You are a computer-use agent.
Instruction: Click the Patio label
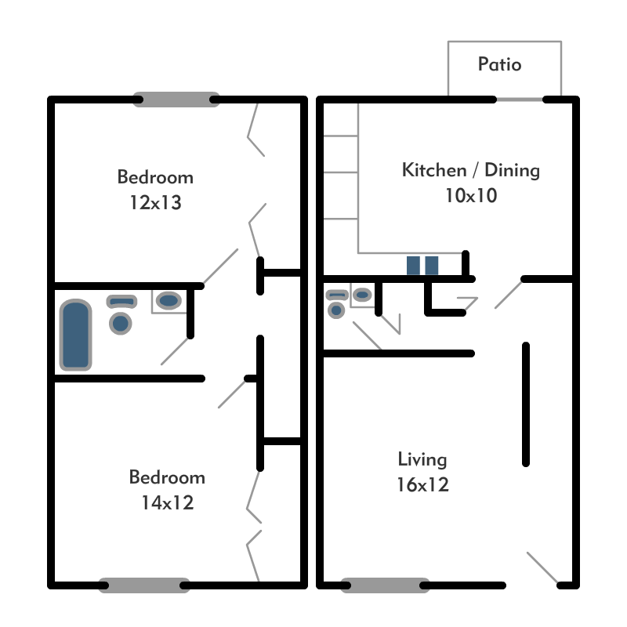pos(499,65)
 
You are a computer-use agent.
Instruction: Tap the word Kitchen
pos(432,170)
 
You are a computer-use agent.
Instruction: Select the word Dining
pos(512,170)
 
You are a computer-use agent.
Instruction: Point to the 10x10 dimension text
pos(470,196)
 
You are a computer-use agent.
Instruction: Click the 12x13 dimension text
pos(155,203)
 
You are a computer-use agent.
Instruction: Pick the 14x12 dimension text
pos(167,503)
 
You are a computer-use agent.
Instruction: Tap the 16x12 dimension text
pos(422,485)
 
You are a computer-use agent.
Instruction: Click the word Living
pos(422,459)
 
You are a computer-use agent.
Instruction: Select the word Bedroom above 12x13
pos(155,177)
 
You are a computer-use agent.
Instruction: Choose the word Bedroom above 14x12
pos(167,477)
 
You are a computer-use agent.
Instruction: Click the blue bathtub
pos(76,335)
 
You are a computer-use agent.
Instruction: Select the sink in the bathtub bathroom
pos(169,299)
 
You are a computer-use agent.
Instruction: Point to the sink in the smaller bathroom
pos(362,295)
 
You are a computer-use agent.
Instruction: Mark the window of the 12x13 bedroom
pos(176,100)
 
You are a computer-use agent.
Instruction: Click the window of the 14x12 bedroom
pos(145,585)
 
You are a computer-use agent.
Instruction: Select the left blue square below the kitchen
pos(414,266)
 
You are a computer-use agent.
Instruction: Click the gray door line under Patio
pos(520,100)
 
